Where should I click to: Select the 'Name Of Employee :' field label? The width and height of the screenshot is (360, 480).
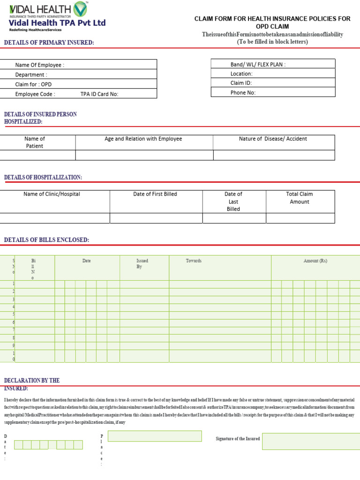point(40,65)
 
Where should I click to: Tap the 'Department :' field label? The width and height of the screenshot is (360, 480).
point(31,75)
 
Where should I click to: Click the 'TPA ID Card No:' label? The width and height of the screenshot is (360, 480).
point(99,94)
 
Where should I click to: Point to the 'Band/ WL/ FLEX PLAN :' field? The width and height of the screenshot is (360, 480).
point(258,65)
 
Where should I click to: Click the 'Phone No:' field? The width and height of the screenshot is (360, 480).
point(243,93)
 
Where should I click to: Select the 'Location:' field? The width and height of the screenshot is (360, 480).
point(241,74)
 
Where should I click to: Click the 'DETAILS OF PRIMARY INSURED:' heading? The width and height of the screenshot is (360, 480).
point(49,43)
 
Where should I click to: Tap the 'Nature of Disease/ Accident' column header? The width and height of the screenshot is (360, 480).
point(273,139)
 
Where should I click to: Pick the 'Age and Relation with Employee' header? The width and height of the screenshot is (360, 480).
point(143,139)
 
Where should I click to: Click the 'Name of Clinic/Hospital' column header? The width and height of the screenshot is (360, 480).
point(52,194)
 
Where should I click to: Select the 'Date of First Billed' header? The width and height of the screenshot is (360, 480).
point(155,194)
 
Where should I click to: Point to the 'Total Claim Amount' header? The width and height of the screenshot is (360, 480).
point(300,198)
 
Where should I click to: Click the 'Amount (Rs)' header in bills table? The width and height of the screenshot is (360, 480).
point(315,261)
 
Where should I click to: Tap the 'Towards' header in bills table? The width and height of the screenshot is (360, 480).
point(194,261)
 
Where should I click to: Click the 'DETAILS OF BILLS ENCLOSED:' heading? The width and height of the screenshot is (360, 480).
point(46,240)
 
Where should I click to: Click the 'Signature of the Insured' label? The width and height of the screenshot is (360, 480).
point(238,439)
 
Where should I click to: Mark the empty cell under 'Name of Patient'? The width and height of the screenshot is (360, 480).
point(37,155)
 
